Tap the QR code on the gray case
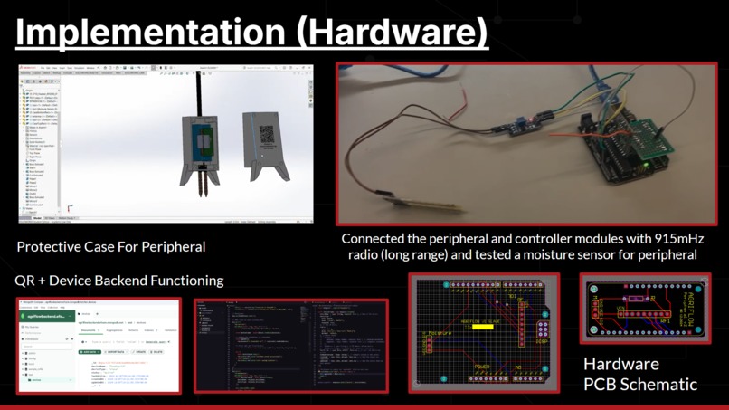coord(267,135)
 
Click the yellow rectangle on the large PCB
coord(482,326)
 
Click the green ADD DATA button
coord(90,352)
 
